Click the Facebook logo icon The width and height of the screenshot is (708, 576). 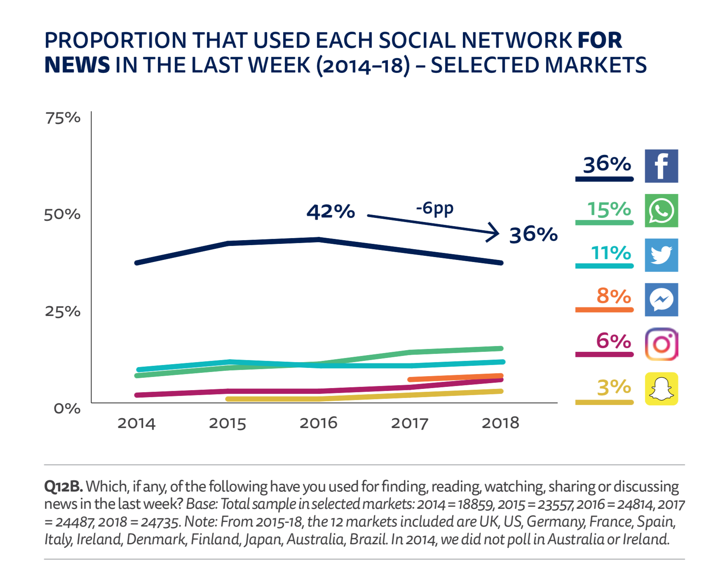(x=661, y=166)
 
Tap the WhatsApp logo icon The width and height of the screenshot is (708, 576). (x=661, y=211)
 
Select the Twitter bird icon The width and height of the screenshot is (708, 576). (x=661, y=255)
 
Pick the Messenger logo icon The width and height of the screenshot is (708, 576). (x=661, y=300)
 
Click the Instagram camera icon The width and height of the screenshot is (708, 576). (x=661, y=344)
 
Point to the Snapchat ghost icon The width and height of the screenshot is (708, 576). (x=661, y=389)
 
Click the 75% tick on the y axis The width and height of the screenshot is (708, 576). (x=63, y=118)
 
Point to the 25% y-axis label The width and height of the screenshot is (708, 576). (x=63, y=311)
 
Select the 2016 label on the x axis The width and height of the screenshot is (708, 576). (x=318, y=423)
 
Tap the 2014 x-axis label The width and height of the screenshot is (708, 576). (x=136, y=424)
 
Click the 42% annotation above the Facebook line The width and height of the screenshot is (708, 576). (x=331, y=212)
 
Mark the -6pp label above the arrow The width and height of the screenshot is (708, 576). (x=434, y=208)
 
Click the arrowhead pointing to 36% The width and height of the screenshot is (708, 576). (x=494, y=233)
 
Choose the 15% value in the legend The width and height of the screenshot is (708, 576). (x=609, y=209)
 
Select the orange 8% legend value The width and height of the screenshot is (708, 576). (x=614, y=296)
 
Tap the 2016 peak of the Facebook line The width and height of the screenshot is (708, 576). (x=319, y=239)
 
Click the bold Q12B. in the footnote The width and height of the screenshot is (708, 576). (x=63, y=487)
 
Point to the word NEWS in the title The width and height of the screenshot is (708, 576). (x=77, y=66)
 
